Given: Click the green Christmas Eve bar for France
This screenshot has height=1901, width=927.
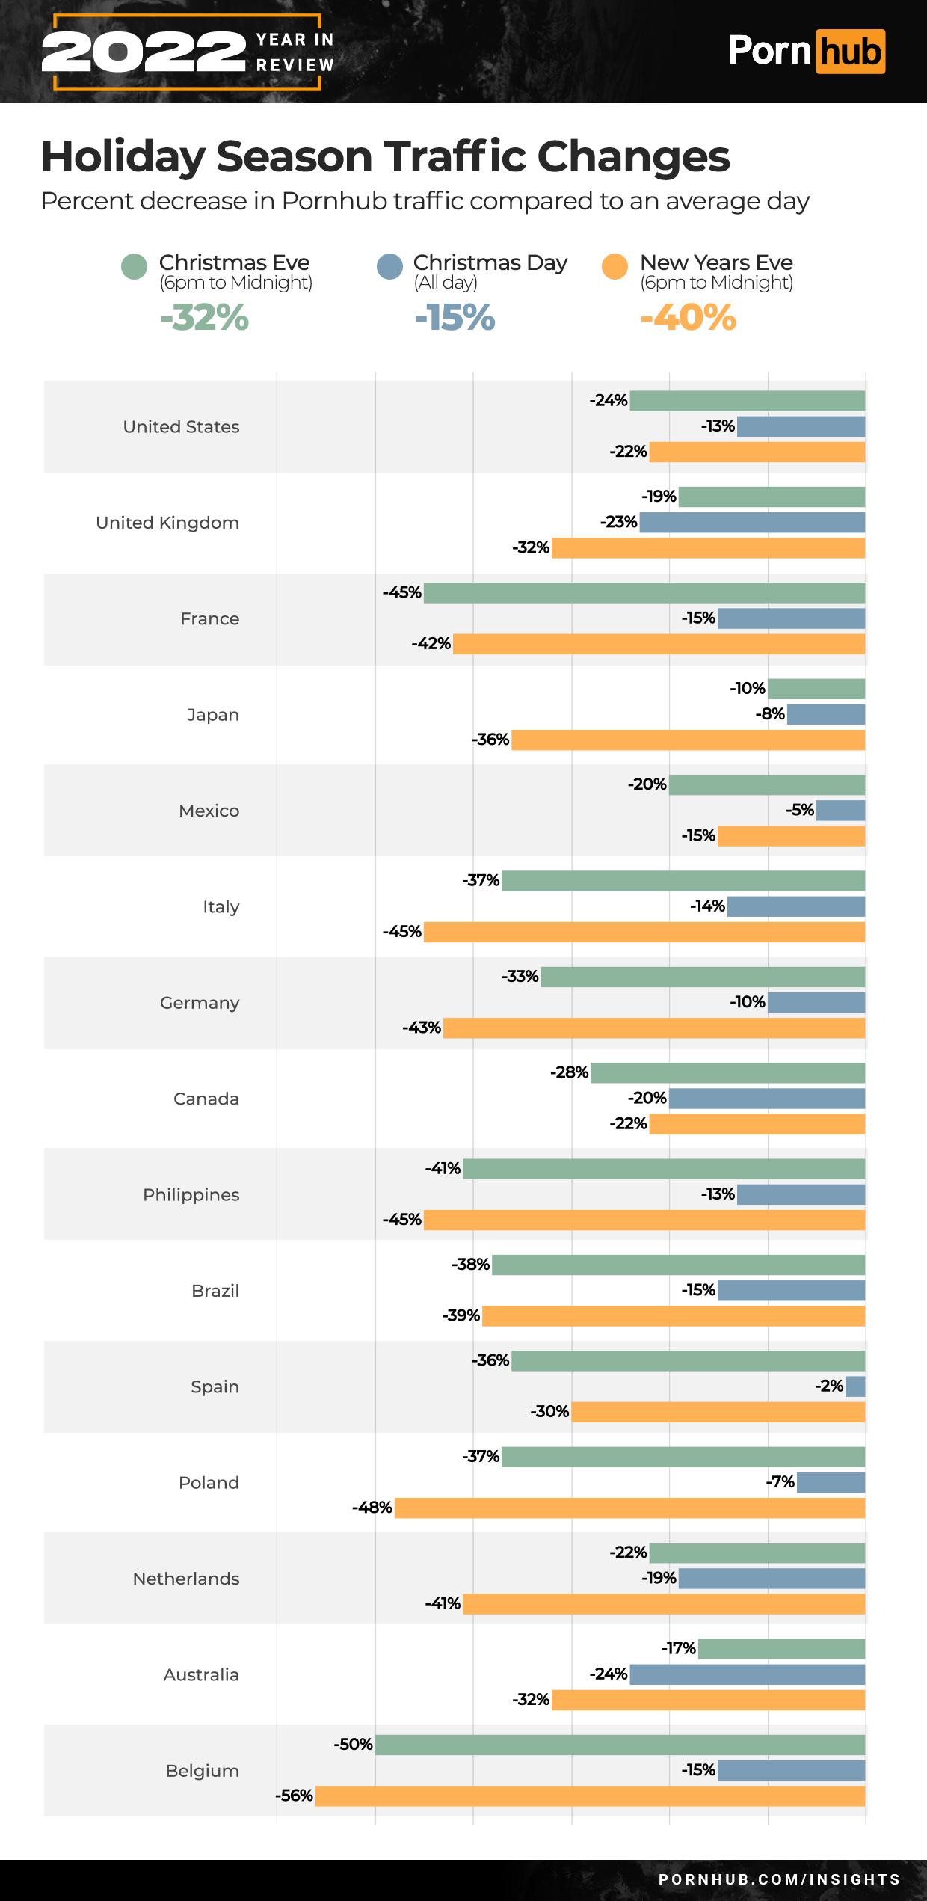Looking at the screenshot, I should tap(644, 593).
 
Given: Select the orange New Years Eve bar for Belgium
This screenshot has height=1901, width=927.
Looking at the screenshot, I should tap(590, 1796).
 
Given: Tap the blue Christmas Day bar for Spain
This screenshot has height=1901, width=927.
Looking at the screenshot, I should tap(855, 1386).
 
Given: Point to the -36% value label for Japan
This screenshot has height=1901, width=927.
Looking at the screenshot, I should tap(490, 740).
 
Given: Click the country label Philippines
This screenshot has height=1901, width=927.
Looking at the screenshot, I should tap(191, 1194).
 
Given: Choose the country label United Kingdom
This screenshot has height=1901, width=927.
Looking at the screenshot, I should tap(167, 523).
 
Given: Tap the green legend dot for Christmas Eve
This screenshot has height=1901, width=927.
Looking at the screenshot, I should tap(134, 266).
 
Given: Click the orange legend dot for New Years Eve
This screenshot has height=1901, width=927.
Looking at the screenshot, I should tap(615, 266).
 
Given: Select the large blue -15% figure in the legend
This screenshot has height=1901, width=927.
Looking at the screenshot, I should tap(455, 317).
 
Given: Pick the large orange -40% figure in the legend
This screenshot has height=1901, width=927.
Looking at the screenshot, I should tap(688, 317).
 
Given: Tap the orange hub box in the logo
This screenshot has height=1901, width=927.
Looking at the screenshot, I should tap(850, 52).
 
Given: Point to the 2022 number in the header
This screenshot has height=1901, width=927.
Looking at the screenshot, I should tap(144, 52).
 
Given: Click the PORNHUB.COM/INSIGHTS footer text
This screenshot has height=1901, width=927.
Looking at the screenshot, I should tap(779, 1879).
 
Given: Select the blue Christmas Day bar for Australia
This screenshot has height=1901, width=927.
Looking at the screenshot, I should tap(747, 1674).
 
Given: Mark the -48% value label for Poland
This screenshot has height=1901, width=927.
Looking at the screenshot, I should tap(372, 1508).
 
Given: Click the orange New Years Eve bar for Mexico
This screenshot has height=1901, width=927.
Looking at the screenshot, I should tap(791, 836).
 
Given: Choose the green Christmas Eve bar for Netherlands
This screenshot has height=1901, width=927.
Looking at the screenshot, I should tap(757, 1553).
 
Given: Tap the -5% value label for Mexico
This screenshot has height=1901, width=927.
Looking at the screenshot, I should tap(799, 810).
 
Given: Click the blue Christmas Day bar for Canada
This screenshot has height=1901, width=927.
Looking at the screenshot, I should tap(767, 1099).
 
